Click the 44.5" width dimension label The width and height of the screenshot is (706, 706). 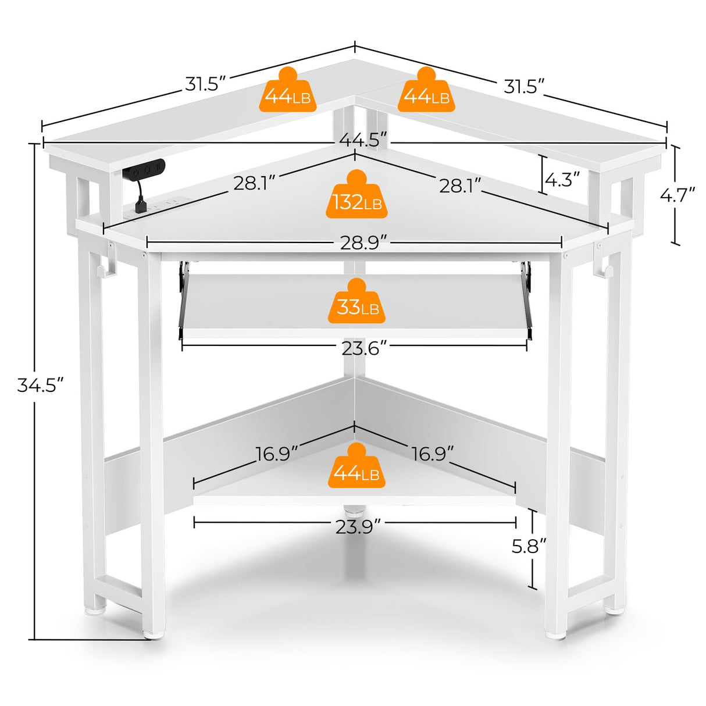click(x=363, y=140)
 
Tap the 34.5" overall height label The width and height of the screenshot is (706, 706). click(x=40, y=385)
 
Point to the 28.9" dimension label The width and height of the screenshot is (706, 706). click(x=363, y=243)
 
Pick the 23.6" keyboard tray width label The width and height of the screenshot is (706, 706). click(x=364, y=348)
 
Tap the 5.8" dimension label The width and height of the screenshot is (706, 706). click(x=529, y=546)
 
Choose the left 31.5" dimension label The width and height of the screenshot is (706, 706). click(x=205, y=84)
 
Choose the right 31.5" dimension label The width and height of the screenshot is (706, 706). click(x=524, y=87)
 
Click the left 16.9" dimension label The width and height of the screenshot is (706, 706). click(x=277, y=453)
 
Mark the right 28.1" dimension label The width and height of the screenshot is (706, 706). click(x=460, y=186)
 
